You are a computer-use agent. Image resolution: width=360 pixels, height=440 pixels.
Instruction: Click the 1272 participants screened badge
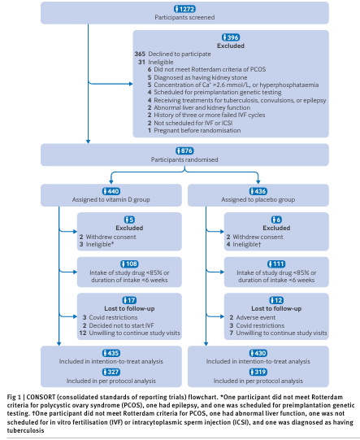pyautogui.click(x=180, y=8)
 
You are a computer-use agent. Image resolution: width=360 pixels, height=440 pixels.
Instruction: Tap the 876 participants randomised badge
pyautogui.click(x=180, y=151)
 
